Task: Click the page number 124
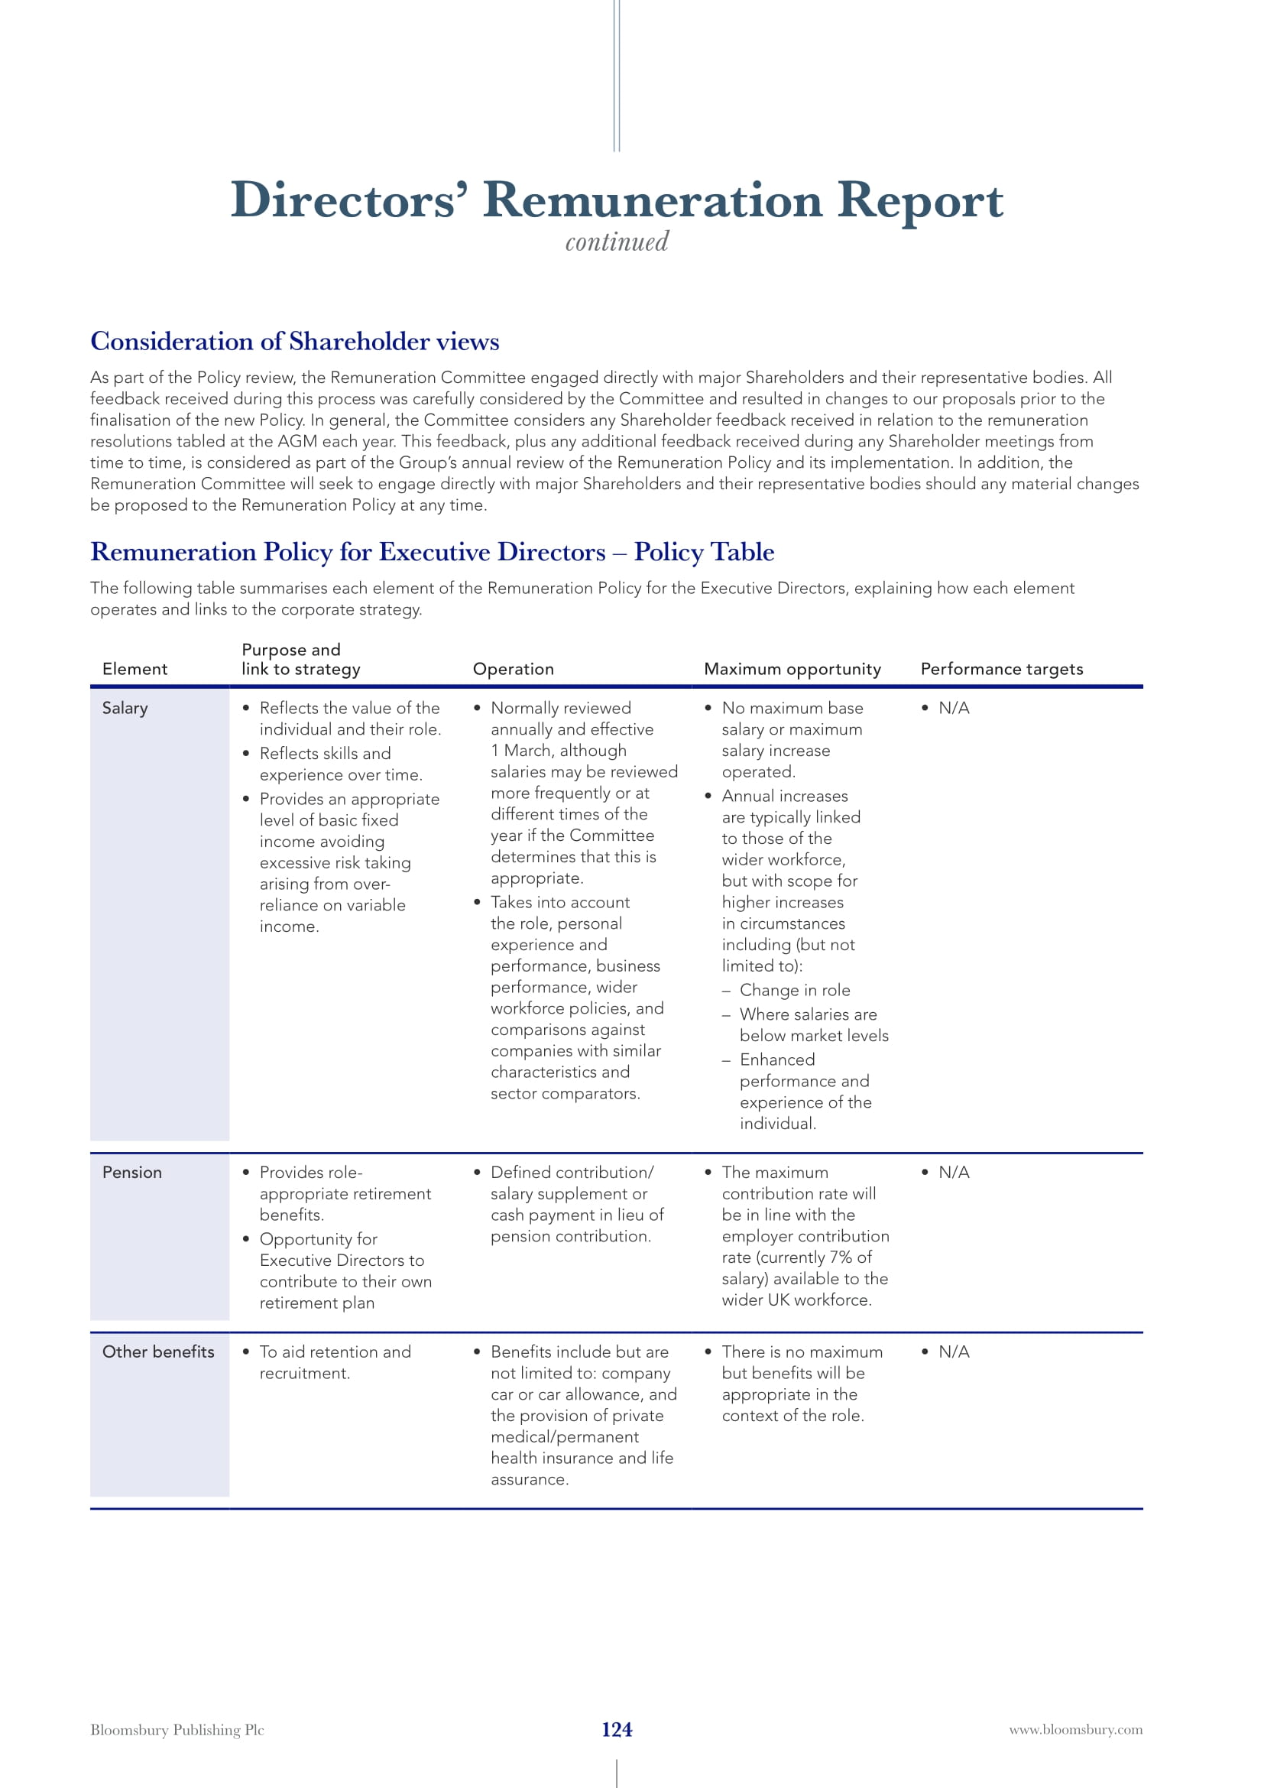pyautogui.click(x=617, y=1729)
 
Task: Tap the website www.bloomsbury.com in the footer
pyautogui.click(x=1076, y=1729)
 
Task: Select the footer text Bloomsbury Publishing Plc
pyautogui.click(x=177, y=1730)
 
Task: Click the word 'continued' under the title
pyautogui.click(x=617, y=242)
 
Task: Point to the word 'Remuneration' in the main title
pyautogui.click(x=652, y=200)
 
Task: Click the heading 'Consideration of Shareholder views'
pyautogui.click(x=294, y=341)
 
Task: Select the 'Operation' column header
pyautogui.click(x=513, y=669)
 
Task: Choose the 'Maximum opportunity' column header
pyautogui.click(x=792, y=669)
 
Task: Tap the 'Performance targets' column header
pyautogui.click(x=1002, y=669)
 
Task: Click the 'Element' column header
pyautogui.click(x=135, y=669)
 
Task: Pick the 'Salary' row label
pyautogui.click(x=125, y=708)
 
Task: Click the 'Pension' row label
pyautogui.click(x=131, y=1172)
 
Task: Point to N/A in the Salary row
pyautogui.click(x=954, y=708)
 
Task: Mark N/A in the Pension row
pyautogui.click(x=954, y=1172)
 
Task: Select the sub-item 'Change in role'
pyautogui.click(x=795, y=990)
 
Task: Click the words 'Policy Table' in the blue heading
pyautogui.click(x=704, y=551)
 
